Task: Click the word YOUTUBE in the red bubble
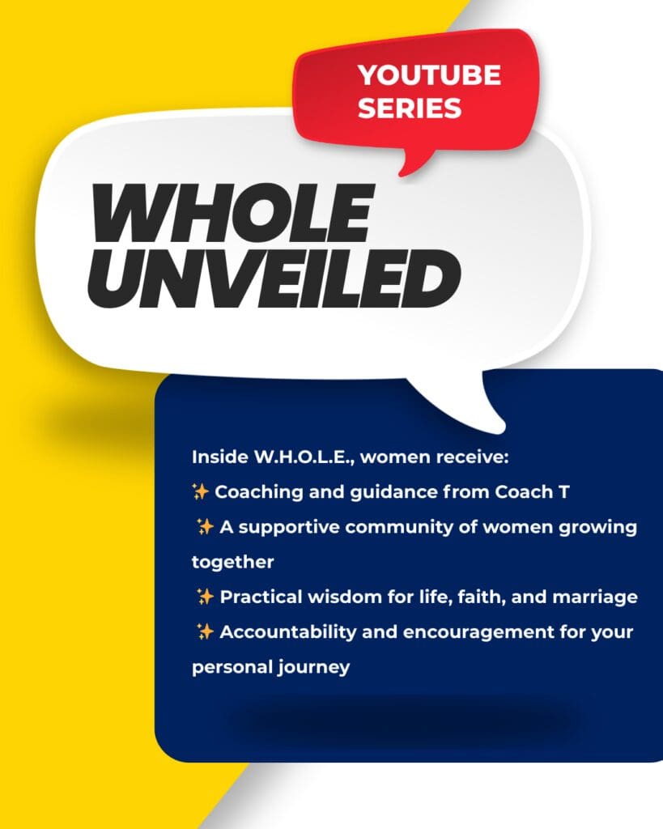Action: point(429,75)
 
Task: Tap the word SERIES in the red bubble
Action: point(410,108)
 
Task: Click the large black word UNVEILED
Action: point(274,278)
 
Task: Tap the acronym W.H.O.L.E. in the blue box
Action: point(304,457)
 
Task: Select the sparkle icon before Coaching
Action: point(201,491)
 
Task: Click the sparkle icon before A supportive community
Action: point(205,526)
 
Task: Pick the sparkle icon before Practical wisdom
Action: point(205,597)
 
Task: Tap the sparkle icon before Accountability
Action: point(205,631)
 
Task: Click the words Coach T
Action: point(533,492)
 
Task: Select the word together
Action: point(232,563)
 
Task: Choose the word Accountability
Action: point(288,632)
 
